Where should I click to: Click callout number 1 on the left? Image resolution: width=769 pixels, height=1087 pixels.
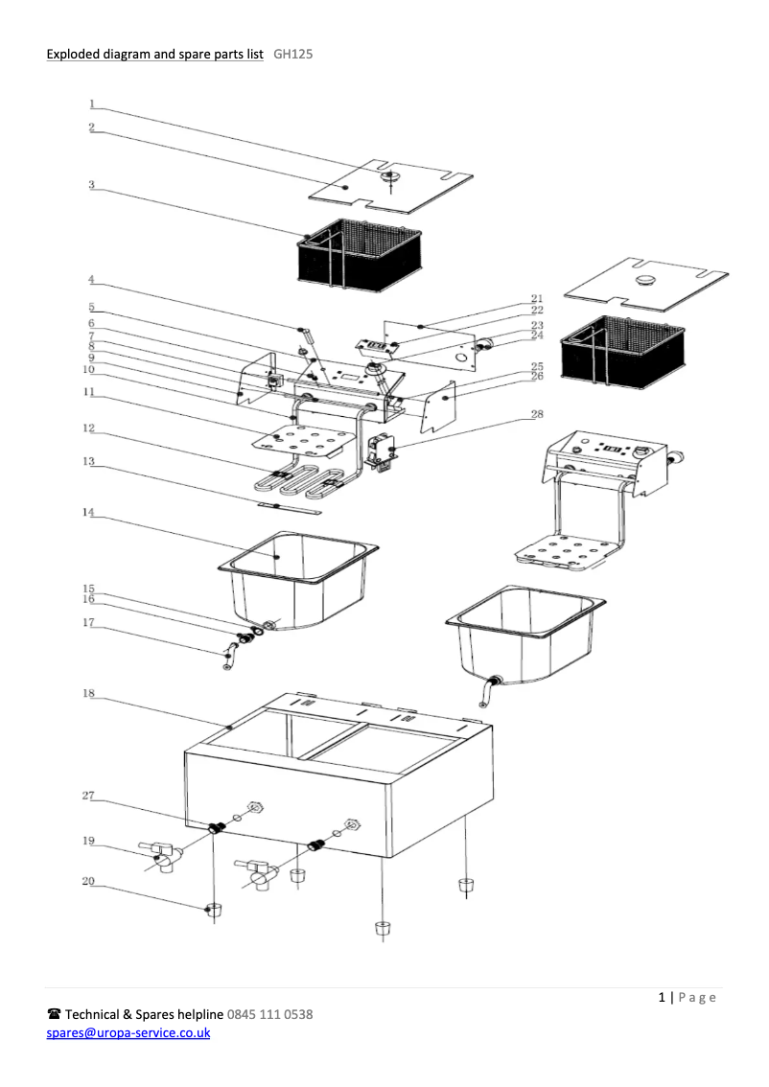(92, 104)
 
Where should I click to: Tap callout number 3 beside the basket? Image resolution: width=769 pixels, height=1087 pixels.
(92, 185)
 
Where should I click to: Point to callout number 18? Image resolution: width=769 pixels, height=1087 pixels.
(88, 691)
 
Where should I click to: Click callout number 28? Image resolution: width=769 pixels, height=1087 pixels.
(537, 415)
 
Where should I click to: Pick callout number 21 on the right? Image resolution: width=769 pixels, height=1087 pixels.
(537, 299)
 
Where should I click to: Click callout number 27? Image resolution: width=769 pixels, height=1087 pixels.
(88, 796)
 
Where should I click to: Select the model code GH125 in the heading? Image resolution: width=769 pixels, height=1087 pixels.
(292, 55)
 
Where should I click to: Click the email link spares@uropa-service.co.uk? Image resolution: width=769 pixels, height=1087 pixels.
(128, 1033)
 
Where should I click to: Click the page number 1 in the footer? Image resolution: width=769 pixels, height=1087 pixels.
(663, 998)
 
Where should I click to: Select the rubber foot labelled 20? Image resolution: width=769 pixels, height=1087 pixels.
(213, 909)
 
